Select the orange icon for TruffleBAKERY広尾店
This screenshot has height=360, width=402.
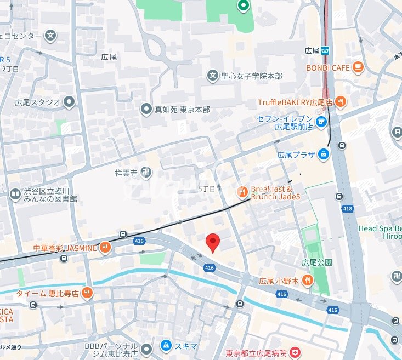click(x=341, y=101)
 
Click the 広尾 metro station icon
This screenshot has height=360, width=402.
click(x=327, y=50)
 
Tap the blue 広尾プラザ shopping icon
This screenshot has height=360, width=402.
click(x=325, y=155)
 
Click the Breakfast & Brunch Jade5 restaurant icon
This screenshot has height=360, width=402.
click(x=242, y=192)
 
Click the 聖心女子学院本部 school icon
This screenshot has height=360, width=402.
click(x=212, y=75)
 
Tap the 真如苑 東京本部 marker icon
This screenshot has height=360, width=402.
click(x=146, y=110)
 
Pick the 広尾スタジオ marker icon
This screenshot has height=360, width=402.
click(x=69, y=101)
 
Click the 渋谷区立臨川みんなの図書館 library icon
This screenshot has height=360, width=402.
click(x=14, y=194)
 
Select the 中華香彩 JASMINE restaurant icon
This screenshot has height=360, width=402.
click(x=105, y=248)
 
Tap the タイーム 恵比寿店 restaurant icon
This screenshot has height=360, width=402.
click(x=87, y=293)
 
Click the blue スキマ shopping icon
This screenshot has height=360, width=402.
click(x=165, y=346)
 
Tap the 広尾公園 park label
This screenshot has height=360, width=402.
click(x=316, y=262)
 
